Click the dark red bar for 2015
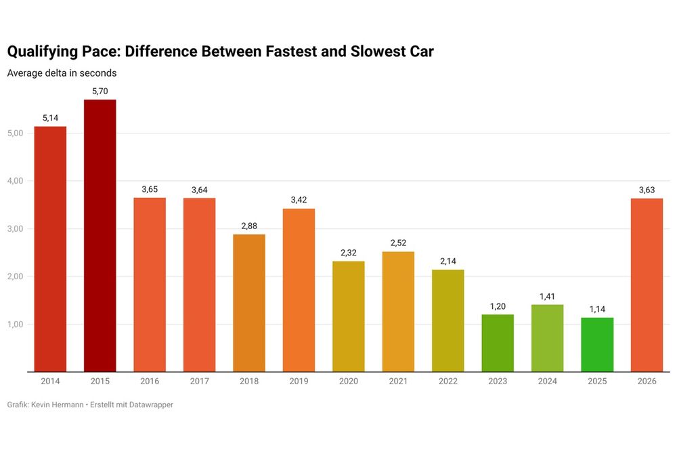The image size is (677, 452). click(x=100, y=236)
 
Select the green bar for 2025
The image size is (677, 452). click(x=597, y=345)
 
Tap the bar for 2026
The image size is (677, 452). click(x=647, y=285)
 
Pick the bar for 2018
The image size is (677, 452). click(x=248, y=303)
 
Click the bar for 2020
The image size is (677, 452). click(x=348, y=316)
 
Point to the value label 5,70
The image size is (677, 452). click(x=100, y=91)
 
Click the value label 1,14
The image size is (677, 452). click(x=597, y=309)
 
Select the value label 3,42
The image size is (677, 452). click(x=299, y=200)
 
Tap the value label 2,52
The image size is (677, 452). click(x=398, y=243)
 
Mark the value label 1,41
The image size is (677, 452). click(x=547, y=296)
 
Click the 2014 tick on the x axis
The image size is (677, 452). click(x=50, y=382)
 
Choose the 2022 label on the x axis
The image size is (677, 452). click(x=447, y=382)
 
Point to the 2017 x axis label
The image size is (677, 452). click(x=199, y=382)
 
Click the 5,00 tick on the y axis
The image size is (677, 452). click(x=15, y=133)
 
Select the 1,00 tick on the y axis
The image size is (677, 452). click(x=15, y=325)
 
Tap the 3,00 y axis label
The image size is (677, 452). click(x=15, y=229)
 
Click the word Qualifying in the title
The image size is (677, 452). click(x=43, y=52)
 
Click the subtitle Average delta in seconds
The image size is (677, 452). click(x=62, y=73)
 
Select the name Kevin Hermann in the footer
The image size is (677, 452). click(x=58, y=405)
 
